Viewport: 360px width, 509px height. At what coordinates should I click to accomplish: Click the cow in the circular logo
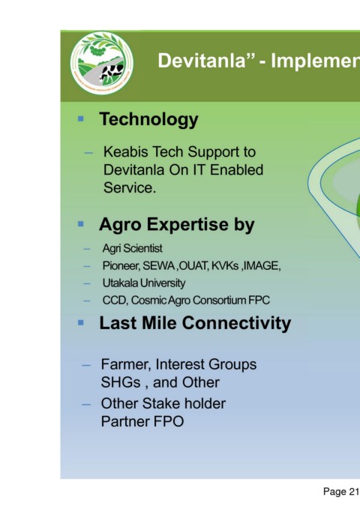112,71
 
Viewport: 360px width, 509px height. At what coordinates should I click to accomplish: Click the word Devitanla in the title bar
202,61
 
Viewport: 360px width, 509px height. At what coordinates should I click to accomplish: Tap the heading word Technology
148,119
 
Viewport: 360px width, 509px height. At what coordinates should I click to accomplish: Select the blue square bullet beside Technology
81,118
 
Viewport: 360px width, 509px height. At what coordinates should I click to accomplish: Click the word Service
130,187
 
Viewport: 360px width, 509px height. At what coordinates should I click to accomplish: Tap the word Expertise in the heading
187,224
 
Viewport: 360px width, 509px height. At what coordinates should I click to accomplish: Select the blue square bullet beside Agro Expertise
81,224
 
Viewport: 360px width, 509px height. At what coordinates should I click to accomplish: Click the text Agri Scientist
132,248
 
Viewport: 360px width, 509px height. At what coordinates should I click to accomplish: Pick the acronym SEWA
159,266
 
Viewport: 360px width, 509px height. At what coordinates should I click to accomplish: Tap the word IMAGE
262,266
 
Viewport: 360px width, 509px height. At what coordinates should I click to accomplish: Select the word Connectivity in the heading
236,323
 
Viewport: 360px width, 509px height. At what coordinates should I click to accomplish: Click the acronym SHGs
121,382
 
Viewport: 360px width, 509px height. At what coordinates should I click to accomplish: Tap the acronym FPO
168,421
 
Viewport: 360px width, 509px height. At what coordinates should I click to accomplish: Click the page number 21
353,492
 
